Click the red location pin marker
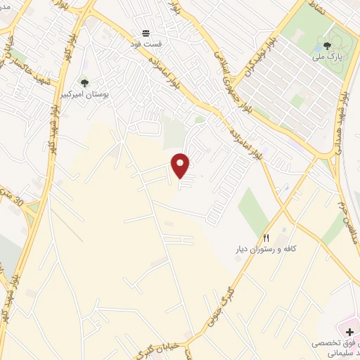click(181, 165)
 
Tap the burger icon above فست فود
click(146, 33)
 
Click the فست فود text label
click(146, 44)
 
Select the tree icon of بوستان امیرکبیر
click(85, 84)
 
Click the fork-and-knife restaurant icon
click(266, 238)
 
